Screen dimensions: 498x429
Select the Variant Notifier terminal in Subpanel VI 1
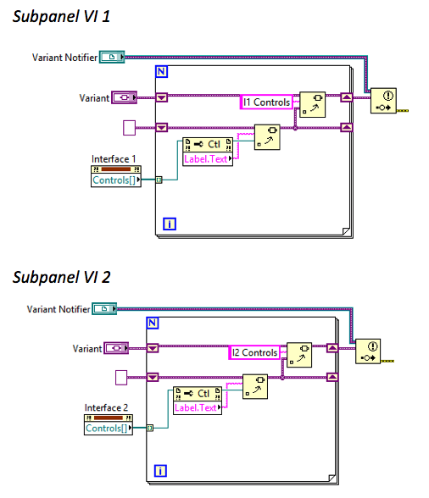(x=111, y=57)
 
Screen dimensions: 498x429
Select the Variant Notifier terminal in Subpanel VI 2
(x=103, y=309)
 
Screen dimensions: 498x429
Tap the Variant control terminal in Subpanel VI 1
(x=124, y=97)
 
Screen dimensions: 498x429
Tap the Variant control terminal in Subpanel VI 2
(x=115, y=348)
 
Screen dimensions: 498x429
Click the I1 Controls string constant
(x=266, y=102)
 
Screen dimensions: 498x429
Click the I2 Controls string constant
(x=253, y=352)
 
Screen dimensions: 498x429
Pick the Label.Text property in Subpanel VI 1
(x=207, y=158)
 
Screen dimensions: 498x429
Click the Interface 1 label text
(x=114, y=159)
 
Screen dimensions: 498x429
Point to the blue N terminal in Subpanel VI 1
(x=162, y=71)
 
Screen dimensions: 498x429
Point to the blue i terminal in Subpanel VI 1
(x=169, y=224)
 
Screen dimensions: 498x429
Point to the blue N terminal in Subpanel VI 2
(x=153, y=323)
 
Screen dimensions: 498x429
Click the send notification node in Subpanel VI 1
(x=385, y=101)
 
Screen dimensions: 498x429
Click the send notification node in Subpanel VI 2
(x=369, y=350)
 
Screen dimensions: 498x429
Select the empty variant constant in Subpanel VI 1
(x=130, y=128)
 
